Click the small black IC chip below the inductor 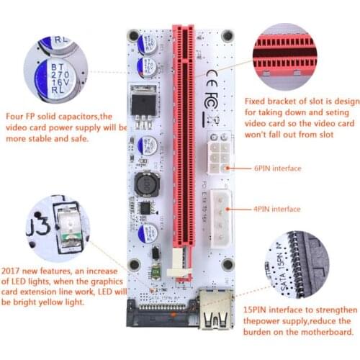point(146,209)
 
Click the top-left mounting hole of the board point(133,34)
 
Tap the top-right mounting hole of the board point(228,34)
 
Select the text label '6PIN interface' point(277,168)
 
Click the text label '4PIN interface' point(277,210)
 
